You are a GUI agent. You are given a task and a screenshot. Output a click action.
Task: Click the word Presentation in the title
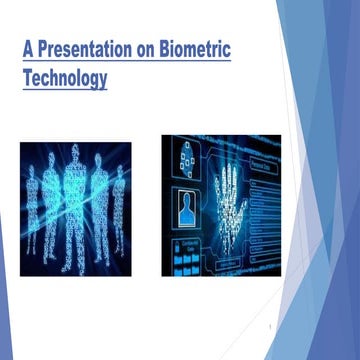coord(94,48)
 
